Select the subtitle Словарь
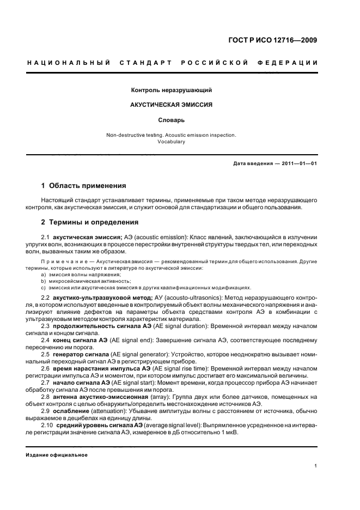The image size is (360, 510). pyautogui.click(x=171, y=119)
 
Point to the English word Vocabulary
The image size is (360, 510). pyautogui.click(x=171, y=141)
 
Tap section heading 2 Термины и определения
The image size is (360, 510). pyautogui.click(x=90, y=222)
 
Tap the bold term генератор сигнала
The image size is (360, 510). pyautogui.click(x=80, y=354)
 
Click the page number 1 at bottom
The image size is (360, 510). pyautogui.click(x=316, y=465)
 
